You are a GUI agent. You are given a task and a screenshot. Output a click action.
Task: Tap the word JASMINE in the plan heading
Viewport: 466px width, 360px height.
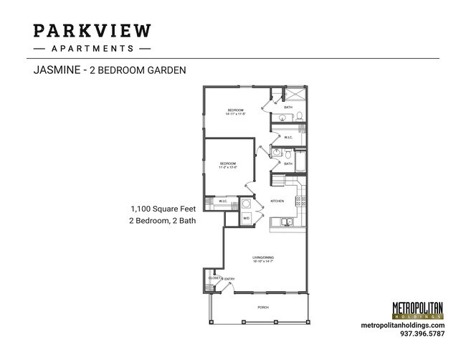(x=57, y=70)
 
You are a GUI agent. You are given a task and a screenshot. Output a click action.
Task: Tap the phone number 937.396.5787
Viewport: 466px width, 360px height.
(x=421, y=333)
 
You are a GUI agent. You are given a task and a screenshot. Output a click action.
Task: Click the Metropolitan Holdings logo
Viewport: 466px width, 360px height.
(x=417, y=310)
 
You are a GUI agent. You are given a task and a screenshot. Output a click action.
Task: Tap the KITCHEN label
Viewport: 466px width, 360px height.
(x=277, y=201)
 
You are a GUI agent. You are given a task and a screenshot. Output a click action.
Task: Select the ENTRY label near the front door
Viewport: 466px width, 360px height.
(x=229, y=278)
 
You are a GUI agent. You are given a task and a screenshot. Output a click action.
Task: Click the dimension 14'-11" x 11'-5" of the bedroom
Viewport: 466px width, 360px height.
(x=236, y=113)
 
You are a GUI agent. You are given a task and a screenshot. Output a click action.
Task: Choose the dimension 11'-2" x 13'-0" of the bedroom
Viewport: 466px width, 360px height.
(x=228, y=167)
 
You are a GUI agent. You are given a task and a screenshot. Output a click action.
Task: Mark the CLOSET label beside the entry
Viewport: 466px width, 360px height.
(x=214, y=278)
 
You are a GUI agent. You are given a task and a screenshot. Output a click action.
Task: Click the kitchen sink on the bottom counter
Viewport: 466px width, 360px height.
(x=285, y=222)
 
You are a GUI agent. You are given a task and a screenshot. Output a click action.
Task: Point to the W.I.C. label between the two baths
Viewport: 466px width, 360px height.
(x=287, y=137)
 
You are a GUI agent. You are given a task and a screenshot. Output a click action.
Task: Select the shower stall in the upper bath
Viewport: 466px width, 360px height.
(x=295, y=95)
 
